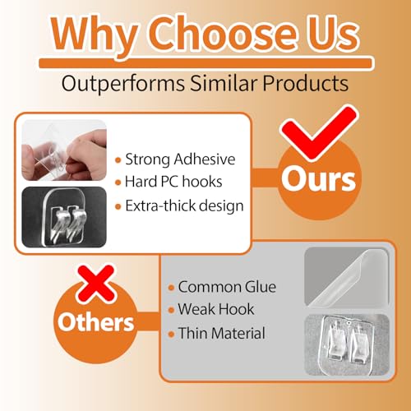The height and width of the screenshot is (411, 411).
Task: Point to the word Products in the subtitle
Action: point(306,83)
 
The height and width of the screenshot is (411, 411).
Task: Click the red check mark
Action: point(319,132)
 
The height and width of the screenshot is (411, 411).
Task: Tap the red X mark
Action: point(96,284)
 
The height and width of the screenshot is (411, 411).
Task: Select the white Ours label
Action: point(318,178)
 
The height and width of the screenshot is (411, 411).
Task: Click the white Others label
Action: point(95,321)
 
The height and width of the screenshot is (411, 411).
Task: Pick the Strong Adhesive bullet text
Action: point(180,159)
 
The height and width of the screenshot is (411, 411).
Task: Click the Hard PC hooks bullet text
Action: point(173,182)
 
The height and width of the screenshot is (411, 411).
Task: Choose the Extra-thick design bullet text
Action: point(184,205)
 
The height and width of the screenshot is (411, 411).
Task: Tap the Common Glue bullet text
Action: point(227,287)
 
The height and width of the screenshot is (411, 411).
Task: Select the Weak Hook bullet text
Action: point(216,309)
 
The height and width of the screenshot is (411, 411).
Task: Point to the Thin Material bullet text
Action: point(221,333)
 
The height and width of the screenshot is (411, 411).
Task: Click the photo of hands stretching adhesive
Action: point(64,150)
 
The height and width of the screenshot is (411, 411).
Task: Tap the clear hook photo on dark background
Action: point(64,217)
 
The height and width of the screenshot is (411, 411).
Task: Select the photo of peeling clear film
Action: point(347,276)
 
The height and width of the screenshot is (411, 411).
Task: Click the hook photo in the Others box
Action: point(347,344)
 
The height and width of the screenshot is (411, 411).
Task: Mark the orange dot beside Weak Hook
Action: point(171,310)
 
